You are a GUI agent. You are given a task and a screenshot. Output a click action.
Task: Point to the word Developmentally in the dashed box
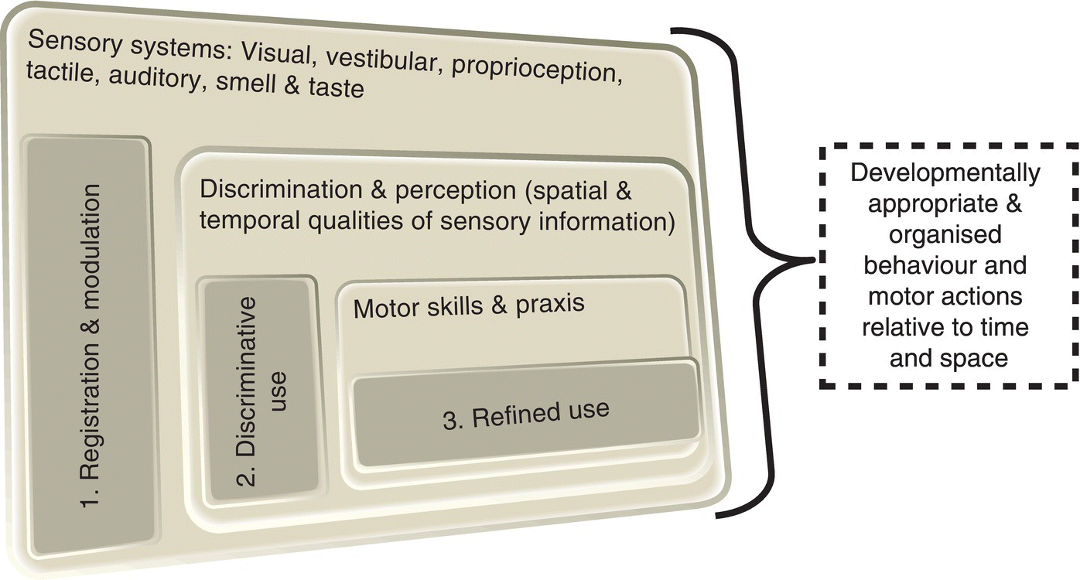tap(945, 173)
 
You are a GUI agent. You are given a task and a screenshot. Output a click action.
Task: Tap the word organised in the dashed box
tap(945, 234)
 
